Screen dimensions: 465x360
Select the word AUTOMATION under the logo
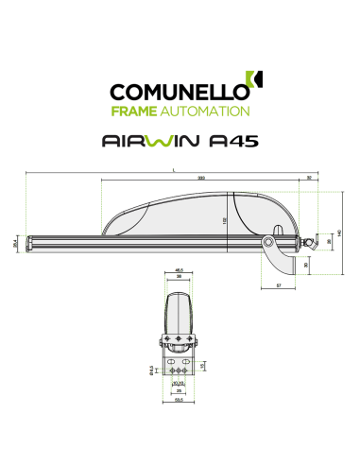click(213, 112)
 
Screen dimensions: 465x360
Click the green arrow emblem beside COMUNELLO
click(252, 84)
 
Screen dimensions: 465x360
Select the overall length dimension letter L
click(176, 170)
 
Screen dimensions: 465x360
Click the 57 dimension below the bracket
click(279, 284)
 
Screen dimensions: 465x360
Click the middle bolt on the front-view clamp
click(179, 342)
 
